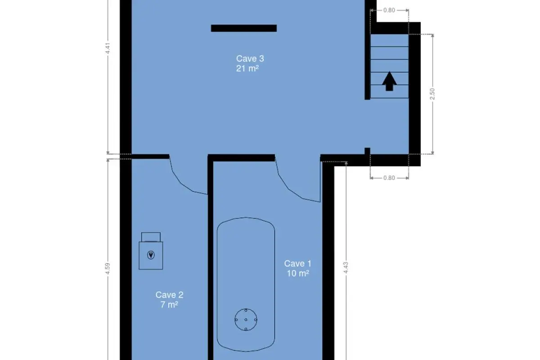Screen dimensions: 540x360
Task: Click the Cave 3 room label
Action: point(250,58)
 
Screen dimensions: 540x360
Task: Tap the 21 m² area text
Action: point(247,69)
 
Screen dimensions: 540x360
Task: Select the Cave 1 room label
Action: point(298,264)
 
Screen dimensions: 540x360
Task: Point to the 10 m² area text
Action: point(298,274)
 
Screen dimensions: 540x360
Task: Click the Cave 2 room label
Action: point(170,295)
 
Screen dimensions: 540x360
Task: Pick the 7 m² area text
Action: point(169,305)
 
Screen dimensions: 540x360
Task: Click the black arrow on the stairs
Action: point(389,81)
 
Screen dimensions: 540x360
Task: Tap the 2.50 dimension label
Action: point(432,94)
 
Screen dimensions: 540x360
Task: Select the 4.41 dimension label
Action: point(108,48)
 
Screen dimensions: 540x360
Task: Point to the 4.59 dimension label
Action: point(108,268)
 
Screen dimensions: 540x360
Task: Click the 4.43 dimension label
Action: point(346,268)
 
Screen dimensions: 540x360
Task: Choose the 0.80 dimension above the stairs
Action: point(389,10)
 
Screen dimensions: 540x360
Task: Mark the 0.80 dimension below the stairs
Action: point(389,178)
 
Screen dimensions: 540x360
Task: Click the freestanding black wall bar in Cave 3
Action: point(244,28)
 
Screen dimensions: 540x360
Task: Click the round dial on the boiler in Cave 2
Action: point(151,255)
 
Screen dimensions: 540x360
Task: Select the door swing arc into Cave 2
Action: point(180,183)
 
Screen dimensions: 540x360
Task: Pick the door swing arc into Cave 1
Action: point(288,188)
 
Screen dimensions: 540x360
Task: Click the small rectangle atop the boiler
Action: point(151,237)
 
